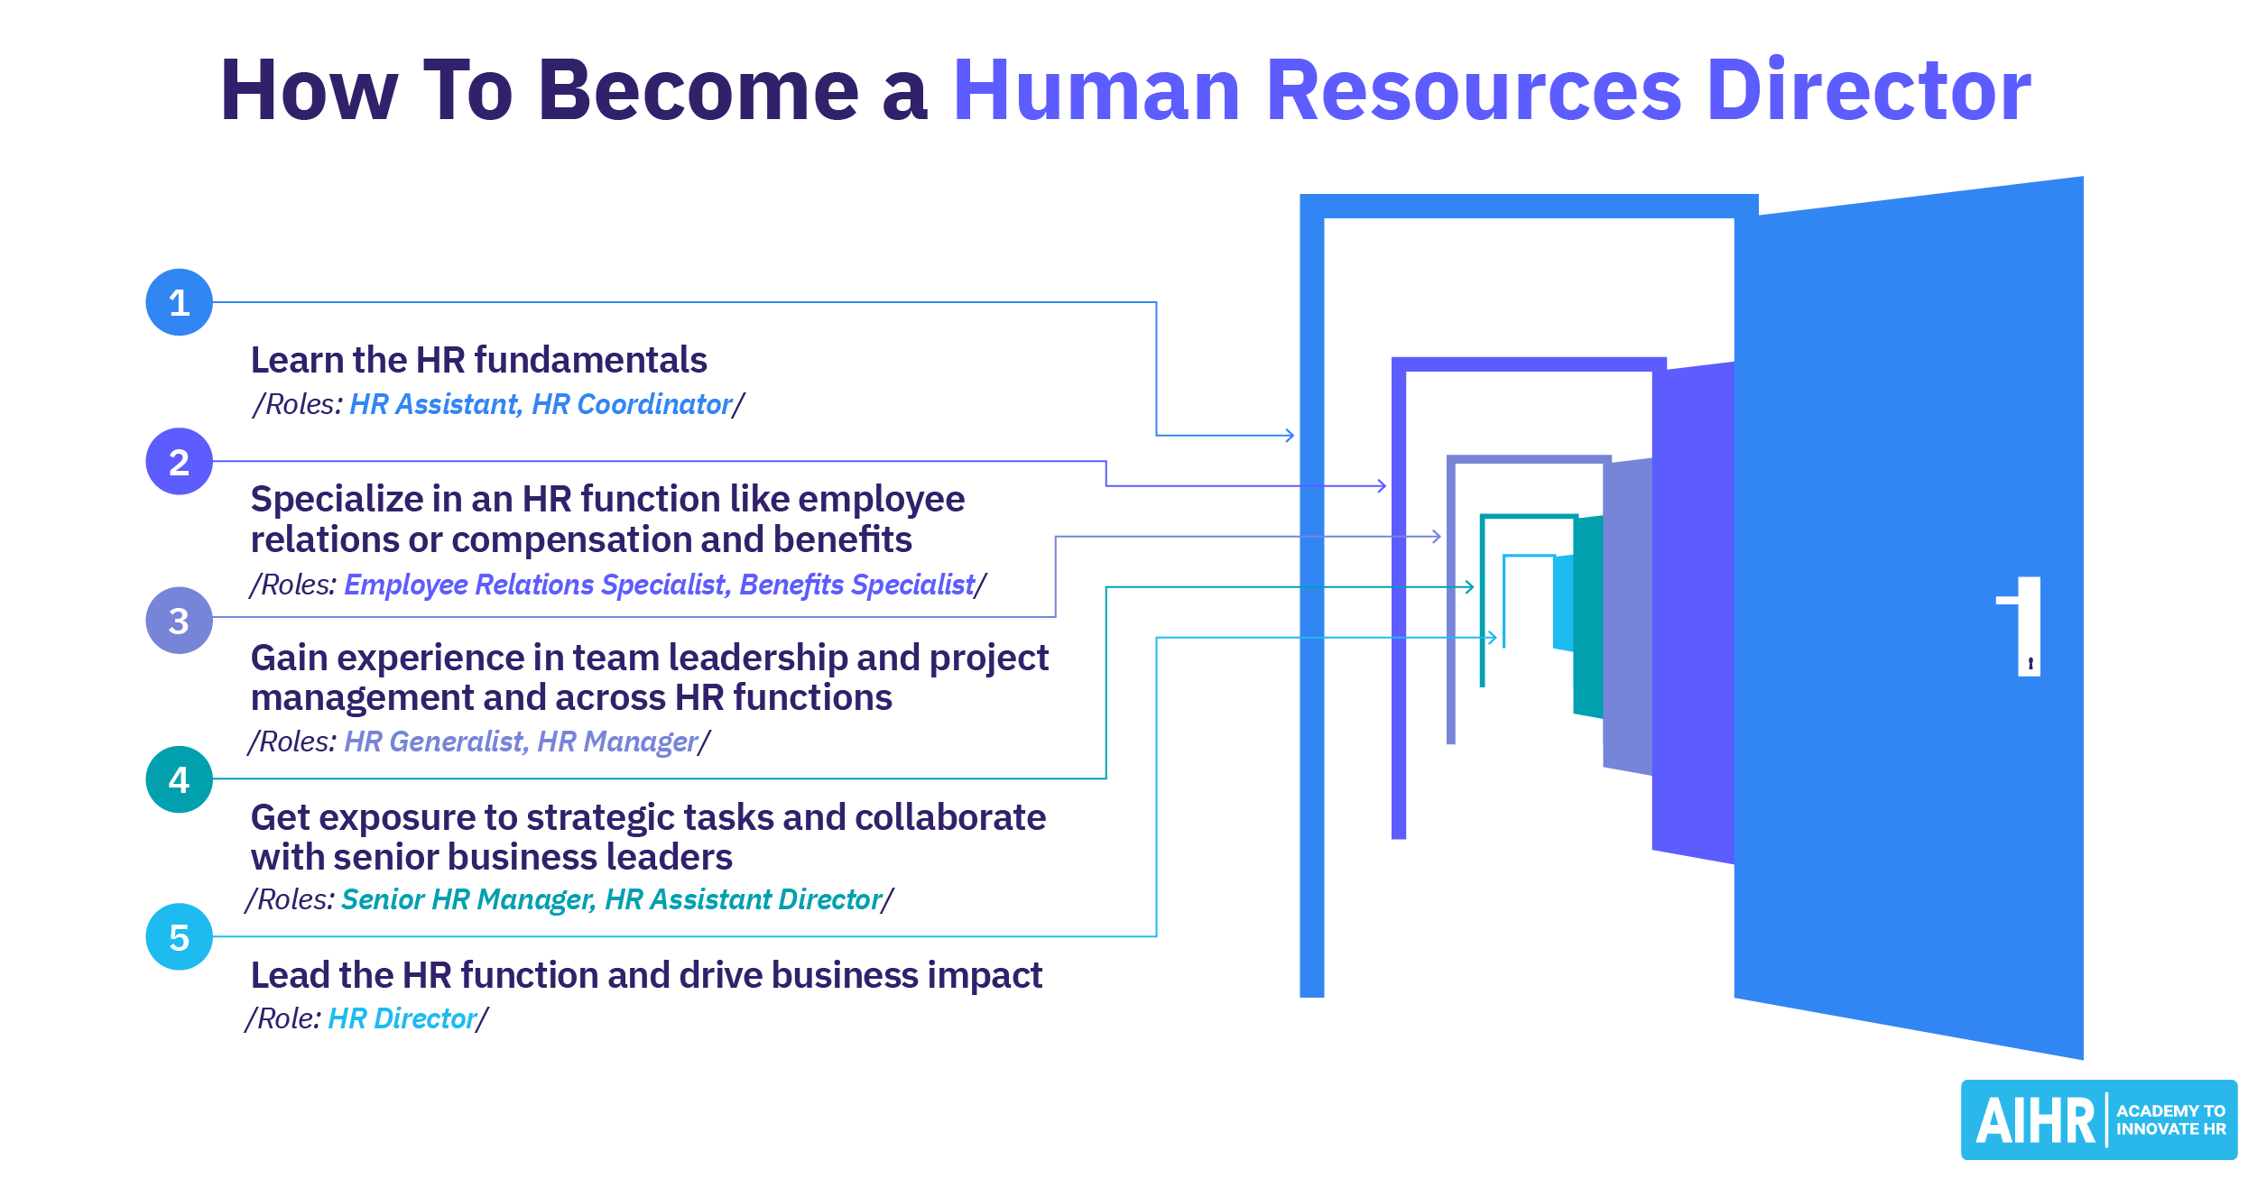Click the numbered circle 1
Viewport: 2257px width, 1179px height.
(x=179, y=302)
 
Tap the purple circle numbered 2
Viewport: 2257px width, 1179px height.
(x=179, y=462)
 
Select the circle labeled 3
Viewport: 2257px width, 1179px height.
(x=179, y=621)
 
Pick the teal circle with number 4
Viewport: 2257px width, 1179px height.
(x=179, y=779)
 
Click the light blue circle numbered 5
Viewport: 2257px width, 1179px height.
(x=179, y=937)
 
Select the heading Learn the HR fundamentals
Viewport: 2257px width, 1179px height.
(x=478, y=360)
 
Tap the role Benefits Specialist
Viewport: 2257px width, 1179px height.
(x=856, y=585)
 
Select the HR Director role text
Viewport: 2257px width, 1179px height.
(x=402, y=1018)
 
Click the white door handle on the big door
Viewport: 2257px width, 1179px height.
(x=2027, y=626)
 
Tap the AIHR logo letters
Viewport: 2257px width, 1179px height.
(x=2034, y=1121)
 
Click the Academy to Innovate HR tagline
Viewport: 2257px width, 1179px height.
(x=2170, y=1119)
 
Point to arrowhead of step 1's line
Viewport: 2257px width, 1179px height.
(x=1290, y=436)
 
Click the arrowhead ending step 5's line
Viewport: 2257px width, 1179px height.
(x=1493, y=638)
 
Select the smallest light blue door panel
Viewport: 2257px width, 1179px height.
(x=1562, y=603)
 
